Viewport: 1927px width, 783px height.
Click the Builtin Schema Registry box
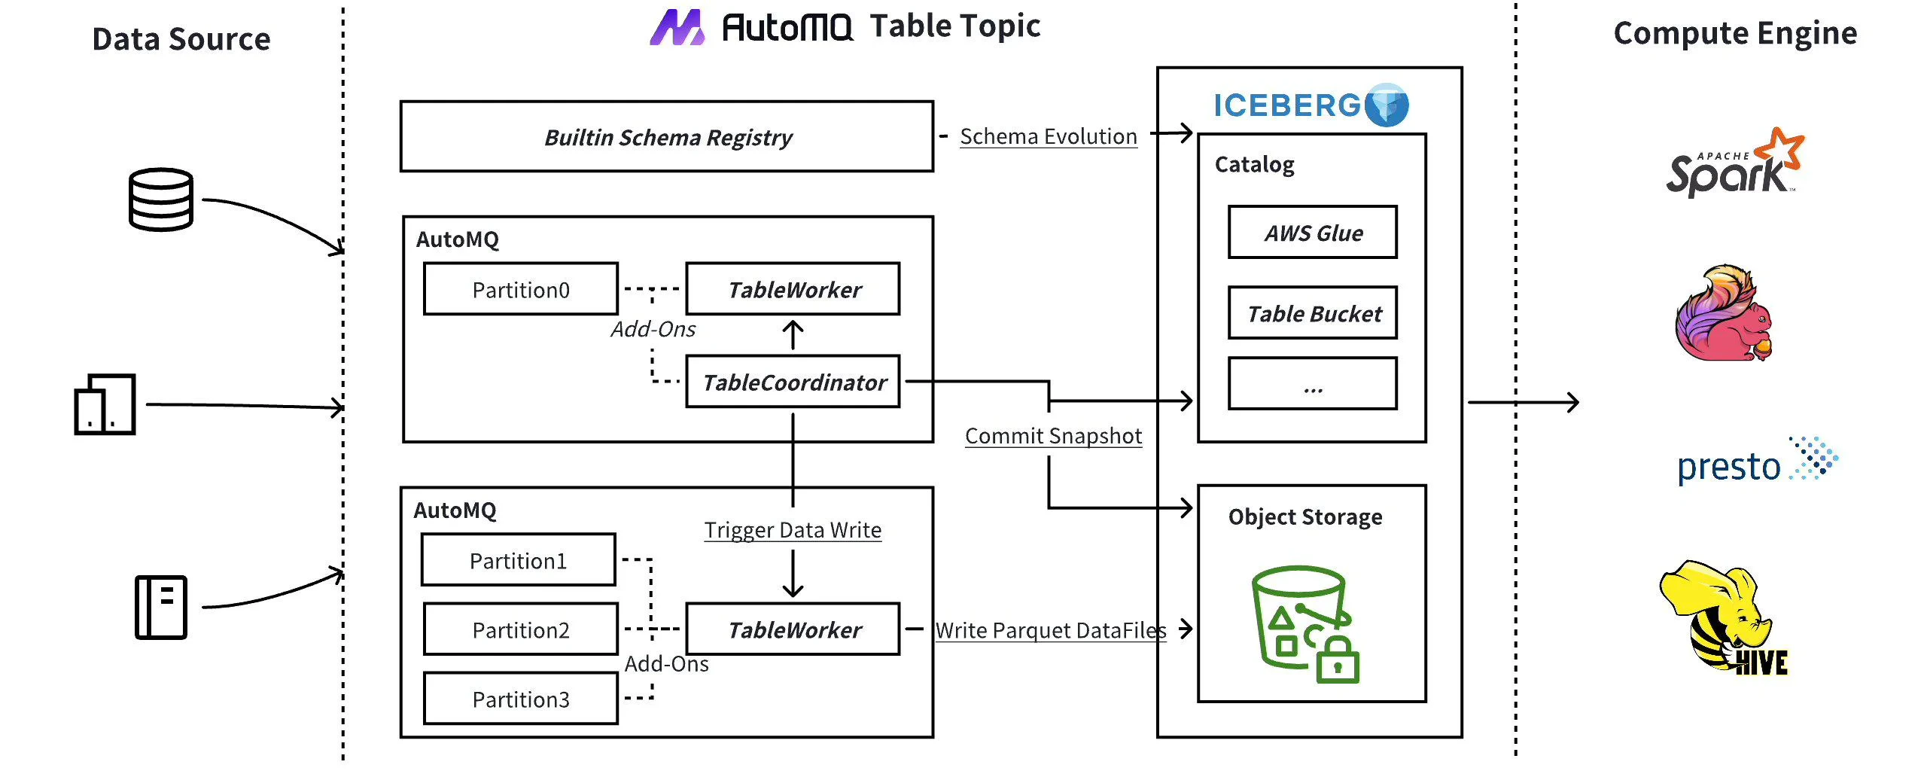[667, 137]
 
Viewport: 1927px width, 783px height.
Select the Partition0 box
[520, 289]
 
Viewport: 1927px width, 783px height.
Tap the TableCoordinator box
[793, 382]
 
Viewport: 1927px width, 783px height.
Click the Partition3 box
[520, 699]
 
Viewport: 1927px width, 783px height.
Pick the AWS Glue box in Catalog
[1313, 233]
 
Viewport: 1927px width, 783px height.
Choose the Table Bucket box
[1313, 313]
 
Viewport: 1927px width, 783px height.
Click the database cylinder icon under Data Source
[160, 200]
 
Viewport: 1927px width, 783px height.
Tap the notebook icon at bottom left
[160, 607]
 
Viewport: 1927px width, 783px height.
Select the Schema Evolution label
[1048, 137]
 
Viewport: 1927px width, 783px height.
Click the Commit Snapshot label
[1053, 436]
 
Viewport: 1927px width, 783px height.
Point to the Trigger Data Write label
[793, 530]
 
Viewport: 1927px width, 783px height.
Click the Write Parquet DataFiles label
[1050, 630]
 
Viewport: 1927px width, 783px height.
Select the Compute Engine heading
[1734, 34]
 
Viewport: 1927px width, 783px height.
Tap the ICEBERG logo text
[1287, 105]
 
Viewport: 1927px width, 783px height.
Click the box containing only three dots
[1313, 384]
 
